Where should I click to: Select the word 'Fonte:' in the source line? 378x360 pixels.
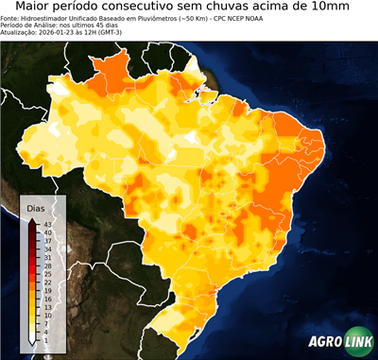tap(11, 18)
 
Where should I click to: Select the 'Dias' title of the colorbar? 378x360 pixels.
tap(37, 207)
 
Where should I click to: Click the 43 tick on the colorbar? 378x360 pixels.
tap(47, 224)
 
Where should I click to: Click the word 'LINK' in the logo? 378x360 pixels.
tap(357, 342)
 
